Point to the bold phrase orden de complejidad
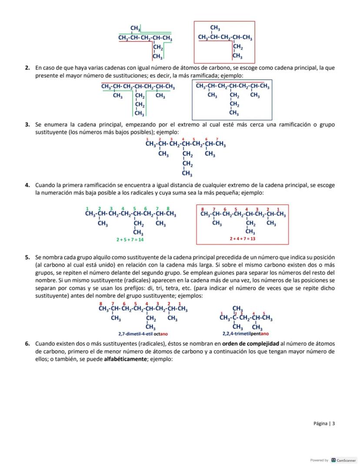tap(247, 344)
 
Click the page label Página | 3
tap(324, 423)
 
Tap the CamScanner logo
tap(333, 460)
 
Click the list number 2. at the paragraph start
tap(27, 68)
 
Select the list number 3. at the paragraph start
tap(27, 125)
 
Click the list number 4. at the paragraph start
tap(27, 185)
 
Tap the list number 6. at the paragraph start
tap(27, 344)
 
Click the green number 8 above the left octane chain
tap(168, 208)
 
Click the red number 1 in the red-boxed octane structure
tap(278, 209)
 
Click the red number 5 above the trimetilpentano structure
tap(263, 313)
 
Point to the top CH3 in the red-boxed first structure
tap(215, 28)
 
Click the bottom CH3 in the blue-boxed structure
tap(233, 113)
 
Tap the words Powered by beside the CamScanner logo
tap(319, 460)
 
